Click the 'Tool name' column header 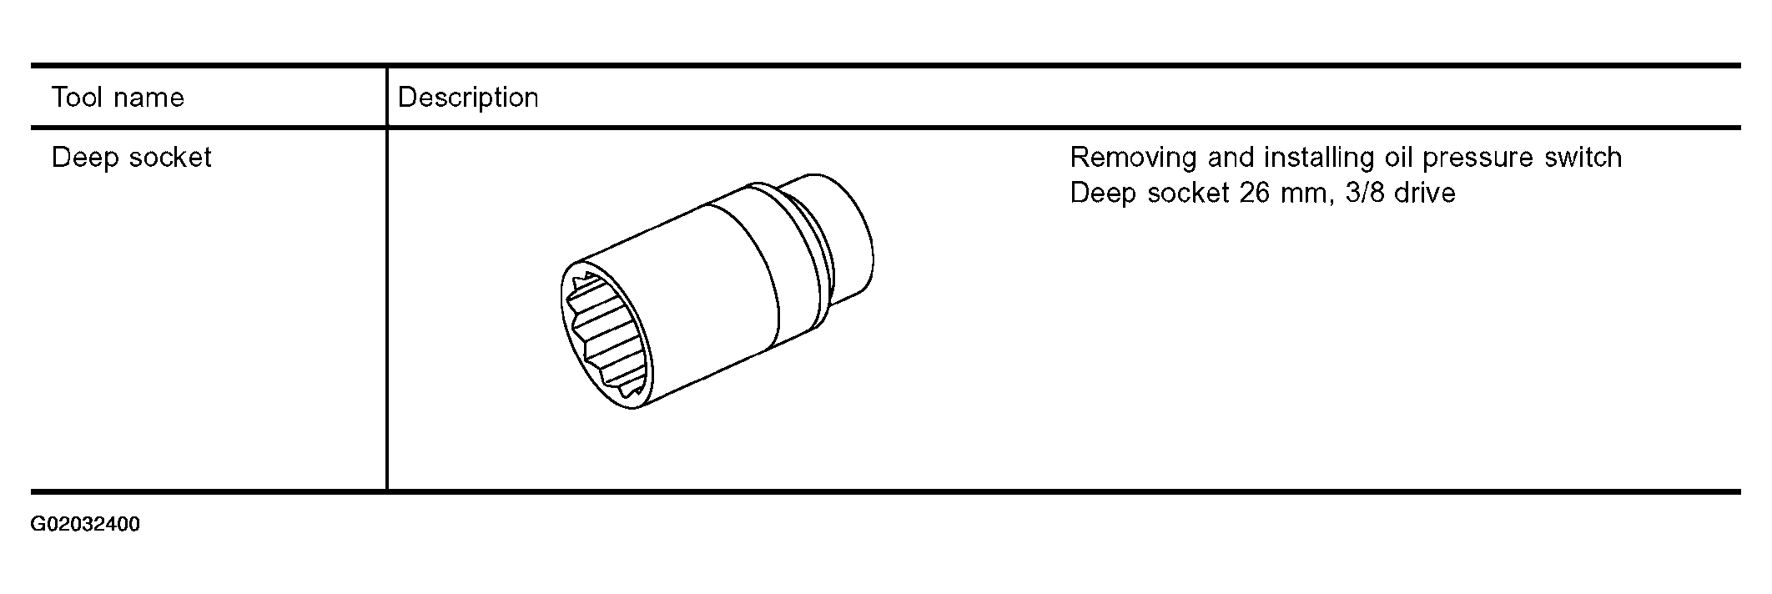click(x=118, y=98)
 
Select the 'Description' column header click(x=468, y=98)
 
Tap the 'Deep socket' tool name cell click(x=132, y=158)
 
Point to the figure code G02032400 click(x=85, y=525)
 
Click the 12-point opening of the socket click(x=607, y=335)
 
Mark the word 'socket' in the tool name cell click(x=169, y=158)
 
